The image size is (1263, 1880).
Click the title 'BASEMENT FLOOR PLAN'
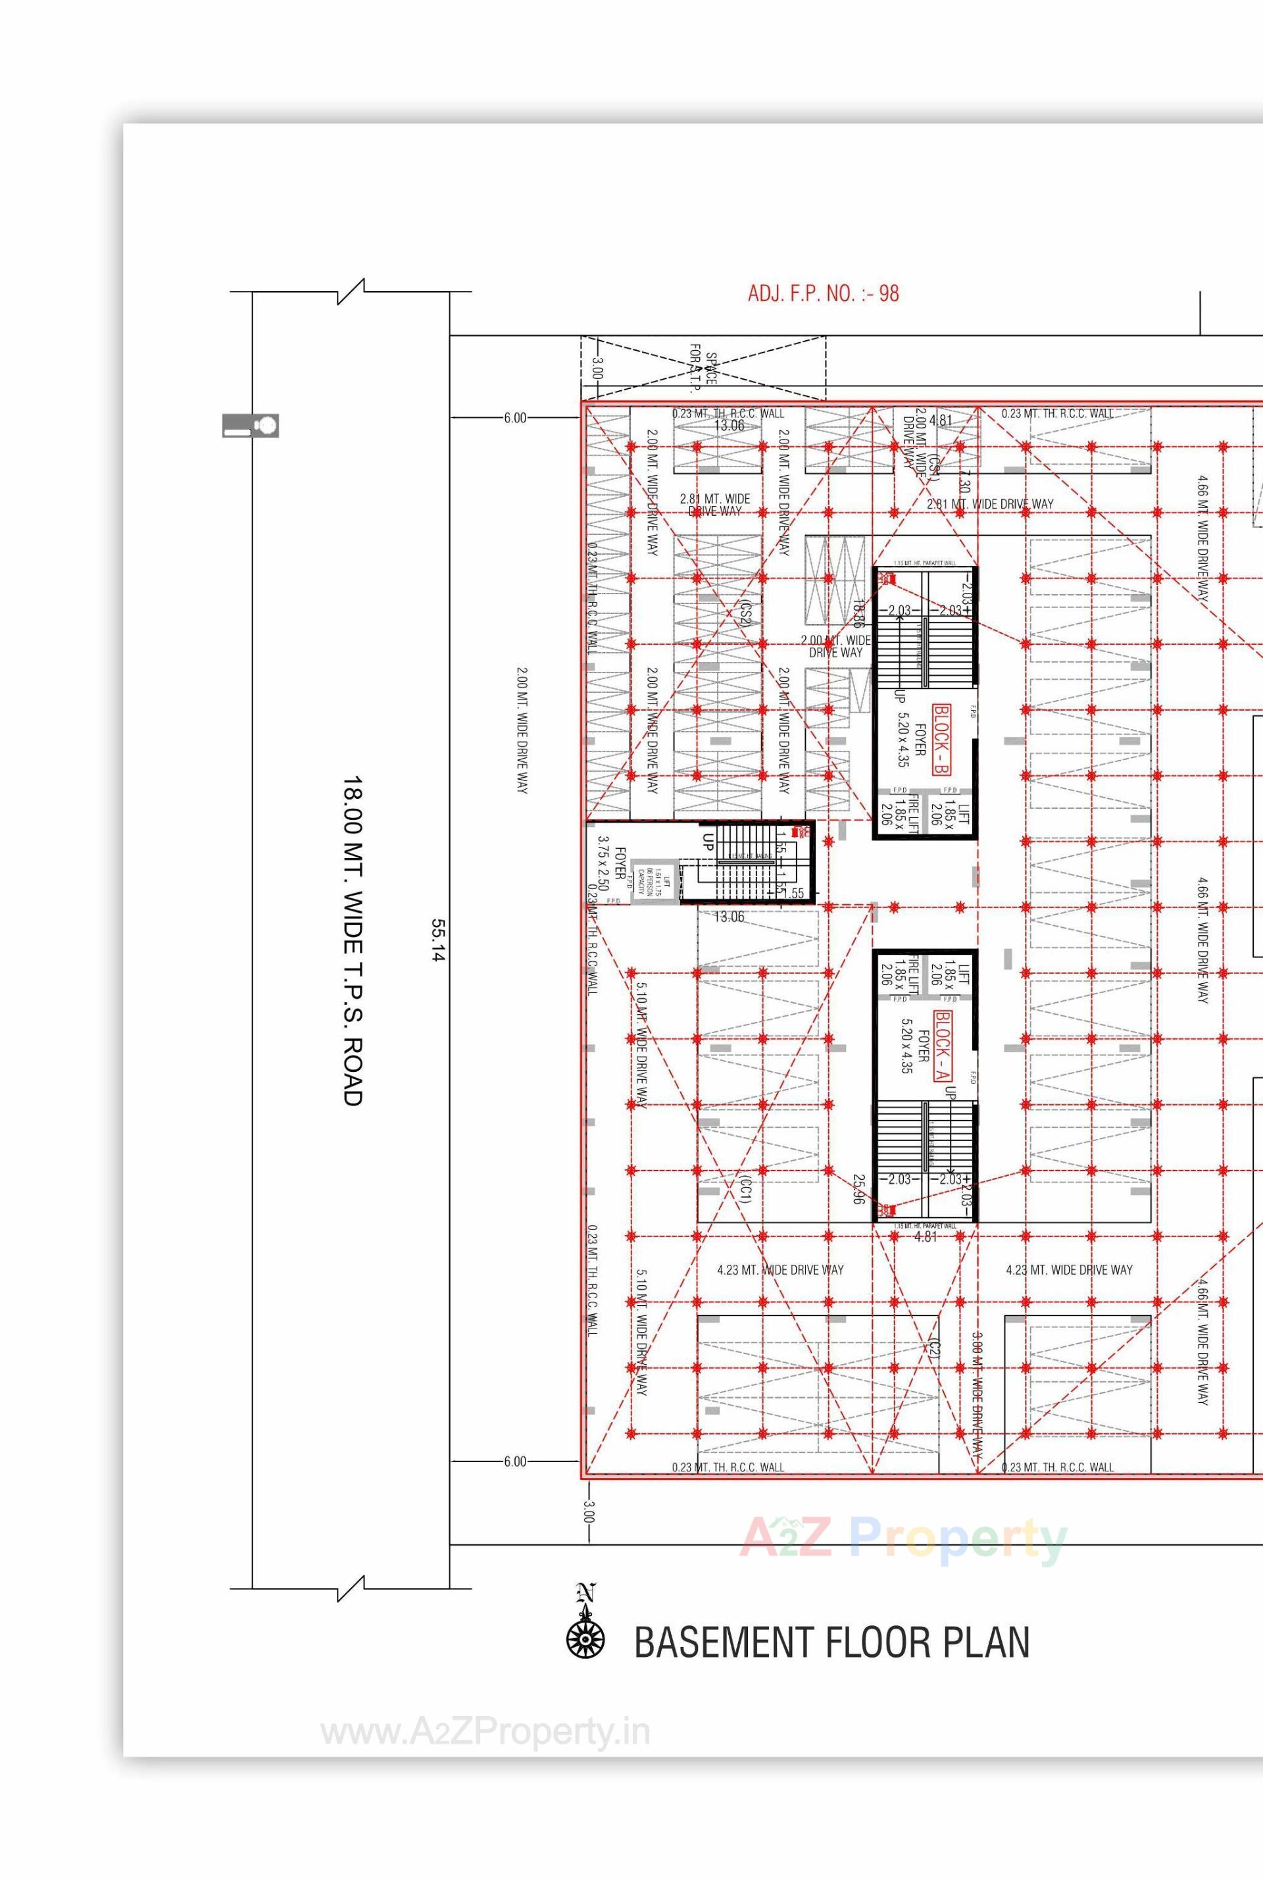831,1642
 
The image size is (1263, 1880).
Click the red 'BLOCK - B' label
941,739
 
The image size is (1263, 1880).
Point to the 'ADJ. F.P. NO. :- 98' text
822,293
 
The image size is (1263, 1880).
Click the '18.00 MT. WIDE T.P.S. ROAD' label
353,940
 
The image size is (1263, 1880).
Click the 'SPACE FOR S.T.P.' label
703,369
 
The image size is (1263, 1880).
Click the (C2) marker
933,1348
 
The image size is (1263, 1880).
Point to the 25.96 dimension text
858,1188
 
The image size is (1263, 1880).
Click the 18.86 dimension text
858,614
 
